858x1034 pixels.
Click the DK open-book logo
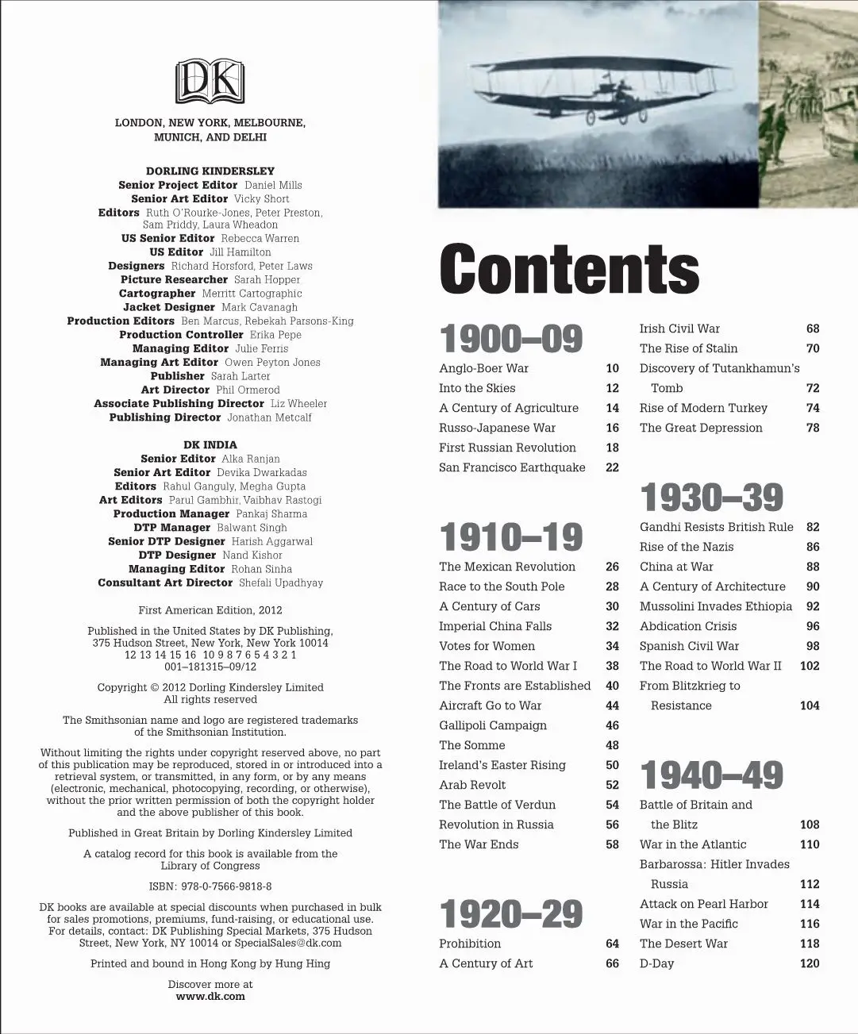[210, 81]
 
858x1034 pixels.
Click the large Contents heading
[569, 268]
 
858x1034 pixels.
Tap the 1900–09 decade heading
[511, 339]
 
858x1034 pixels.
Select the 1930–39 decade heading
[711, 498]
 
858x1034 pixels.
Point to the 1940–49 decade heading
[711, 775]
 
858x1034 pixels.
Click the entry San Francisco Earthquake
[512, 467]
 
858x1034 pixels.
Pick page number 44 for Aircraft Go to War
[612, 705]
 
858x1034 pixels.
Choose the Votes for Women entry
[487, 646]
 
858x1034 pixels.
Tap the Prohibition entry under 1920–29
[470, 944]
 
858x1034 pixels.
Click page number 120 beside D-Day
[810, 963]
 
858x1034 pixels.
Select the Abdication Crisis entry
[688, 626]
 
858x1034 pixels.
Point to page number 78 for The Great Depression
[813, 428]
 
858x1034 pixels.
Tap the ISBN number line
[210, 886]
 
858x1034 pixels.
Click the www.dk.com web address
[210, 997]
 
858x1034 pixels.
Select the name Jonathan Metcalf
[270, 417]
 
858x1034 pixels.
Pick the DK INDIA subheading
[210, 445]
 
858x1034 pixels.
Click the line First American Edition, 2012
[210, 610]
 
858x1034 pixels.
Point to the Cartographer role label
[157, 294]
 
